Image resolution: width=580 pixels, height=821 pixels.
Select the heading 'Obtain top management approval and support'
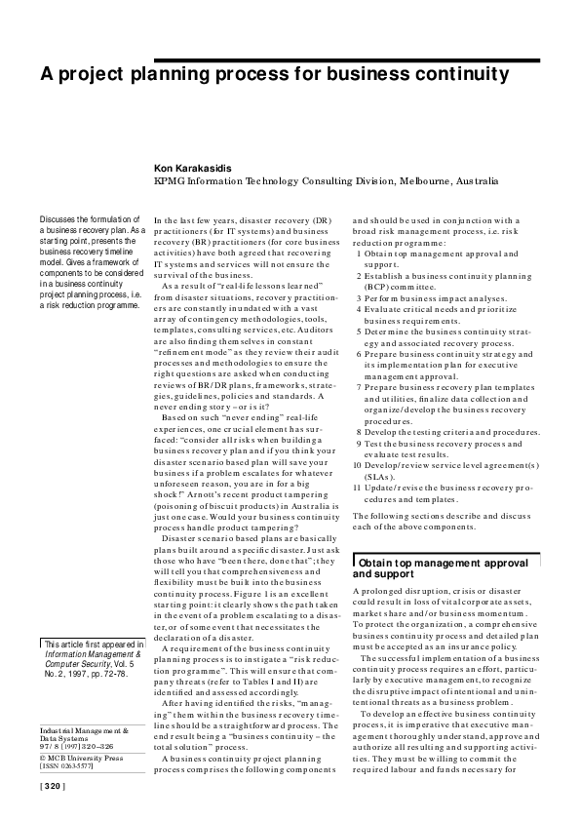click(431, 569)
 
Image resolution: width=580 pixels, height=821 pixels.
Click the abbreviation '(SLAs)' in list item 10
click(379, 476)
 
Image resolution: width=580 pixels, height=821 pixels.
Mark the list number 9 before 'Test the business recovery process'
click(360, 444)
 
